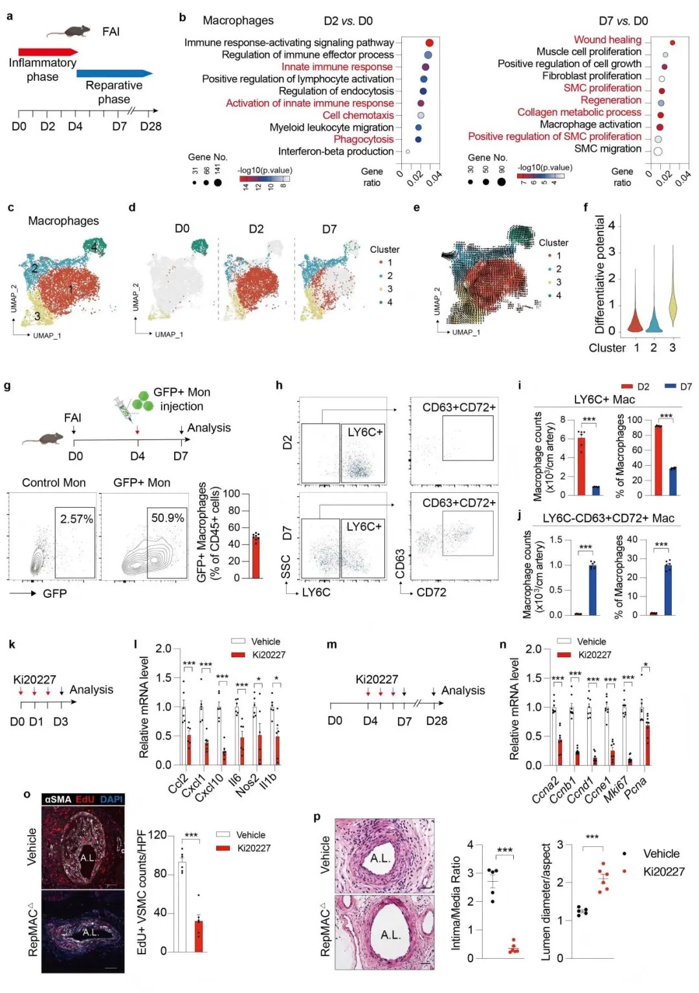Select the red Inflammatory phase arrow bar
click(47, 52)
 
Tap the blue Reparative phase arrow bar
click(113, 74)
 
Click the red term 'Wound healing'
click(607, 40)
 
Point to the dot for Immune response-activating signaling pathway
click(429, 43)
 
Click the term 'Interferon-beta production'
click(335, 151)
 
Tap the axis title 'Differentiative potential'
click(599, 274)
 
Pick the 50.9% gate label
click(167, 518)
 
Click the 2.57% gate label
click(76, 519)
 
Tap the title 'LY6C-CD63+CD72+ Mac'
click(608, 518)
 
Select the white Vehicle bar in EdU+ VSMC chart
click(183, 906)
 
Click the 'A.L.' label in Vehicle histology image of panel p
click(380, 858)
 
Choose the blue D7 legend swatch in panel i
click(670, 387)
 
